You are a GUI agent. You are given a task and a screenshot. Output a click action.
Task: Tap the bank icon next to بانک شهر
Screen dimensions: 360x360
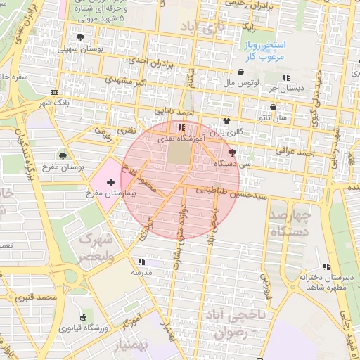(55, 92)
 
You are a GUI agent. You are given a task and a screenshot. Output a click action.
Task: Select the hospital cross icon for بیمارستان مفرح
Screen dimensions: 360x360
(110, 182)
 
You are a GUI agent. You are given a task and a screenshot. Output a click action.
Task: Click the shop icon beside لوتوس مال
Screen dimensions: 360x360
(241, 72)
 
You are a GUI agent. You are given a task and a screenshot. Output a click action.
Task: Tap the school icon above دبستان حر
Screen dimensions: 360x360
(285, 77)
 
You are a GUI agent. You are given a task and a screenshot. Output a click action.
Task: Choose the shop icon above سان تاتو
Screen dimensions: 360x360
(273, 108)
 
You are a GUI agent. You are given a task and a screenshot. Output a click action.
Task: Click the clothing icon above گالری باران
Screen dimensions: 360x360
(226, 121)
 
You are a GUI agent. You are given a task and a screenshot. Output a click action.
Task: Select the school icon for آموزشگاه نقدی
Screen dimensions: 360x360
(182, 128)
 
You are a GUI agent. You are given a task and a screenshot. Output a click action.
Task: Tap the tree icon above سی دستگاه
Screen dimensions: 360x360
(233, 152)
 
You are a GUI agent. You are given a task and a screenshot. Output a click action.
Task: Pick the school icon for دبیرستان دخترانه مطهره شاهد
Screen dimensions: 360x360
(326, 266)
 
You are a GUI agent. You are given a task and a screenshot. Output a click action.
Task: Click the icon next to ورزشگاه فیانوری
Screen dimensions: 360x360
(84, 317)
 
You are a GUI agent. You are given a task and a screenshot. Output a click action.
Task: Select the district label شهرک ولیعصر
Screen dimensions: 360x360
(95, 247)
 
